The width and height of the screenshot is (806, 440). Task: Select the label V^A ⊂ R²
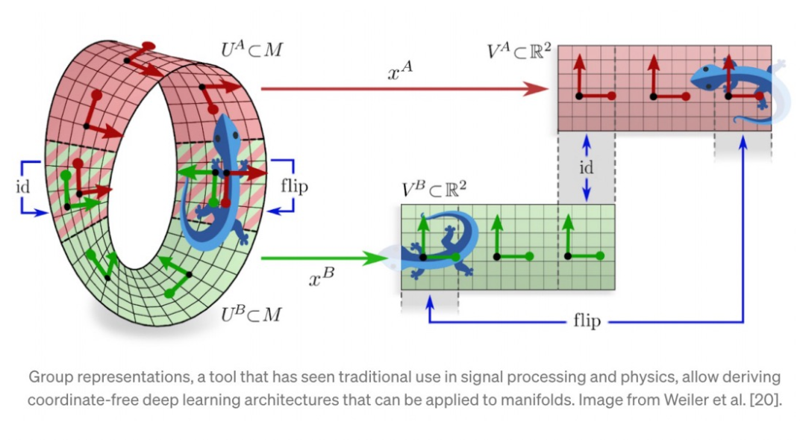tap(519, 53)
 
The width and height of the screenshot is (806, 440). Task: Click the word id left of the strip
tap(23, 186)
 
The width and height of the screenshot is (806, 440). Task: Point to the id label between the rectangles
tap(587, 168)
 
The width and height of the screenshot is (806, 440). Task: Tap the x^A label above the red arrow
tap(400, 72)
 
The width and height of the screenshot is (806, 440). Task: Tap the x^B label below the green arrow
tap(322, 279)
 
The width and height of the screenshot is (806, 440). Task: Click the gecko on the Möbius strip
tap(220, 187)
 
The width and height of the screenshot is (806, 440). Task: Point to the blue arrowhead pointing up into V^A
tap(743, 144)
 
